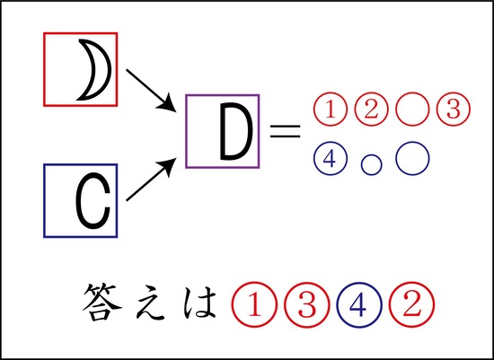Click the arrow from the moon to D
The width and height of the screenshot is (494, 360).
pyautogui.click(x=151, y=91)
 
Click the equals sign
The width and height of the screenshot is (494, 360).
pyautogui.click(x=285, y=131)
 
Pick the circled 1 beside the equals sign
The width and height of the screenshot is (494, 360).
pyautogui.click(x=330, y=110)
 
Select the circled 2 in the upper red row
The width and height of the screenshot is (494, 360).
pyautogui.click(x=371, y=110)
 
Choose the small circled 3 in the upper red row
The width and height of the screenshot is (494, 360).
pyautogui.click(x=454, y=110)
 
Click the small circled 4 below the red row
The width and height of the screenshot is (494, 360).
pyautogui.click(x=330, y=158)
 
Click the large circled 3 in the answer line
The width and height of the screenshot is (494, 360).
pyautogui.click(x=306, y=304)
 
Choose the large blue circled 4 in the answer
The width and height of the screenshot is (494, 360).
pyautogui.click(x=359, y=304)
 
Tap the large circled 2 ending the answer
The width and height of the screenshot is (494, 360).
pyautogui.click(x=411, y=304)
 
